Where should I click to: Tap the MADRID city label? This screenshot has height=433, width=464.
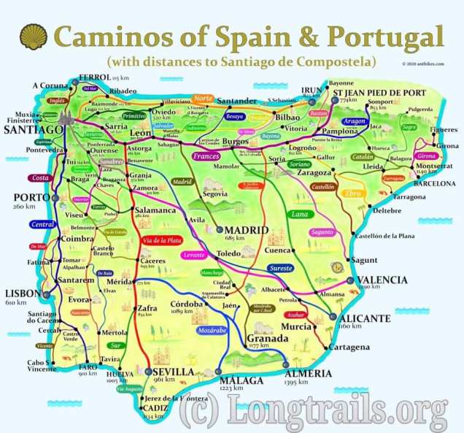(x=246, y=229)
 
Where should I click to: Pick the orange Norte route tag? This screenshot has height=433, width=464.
(x=204, y=99)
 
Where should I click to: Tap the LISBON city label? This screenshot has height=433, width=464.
(x=22, y=293)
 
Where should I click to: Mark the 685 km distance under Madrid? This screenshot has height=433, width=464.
(x=236, y=238)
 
